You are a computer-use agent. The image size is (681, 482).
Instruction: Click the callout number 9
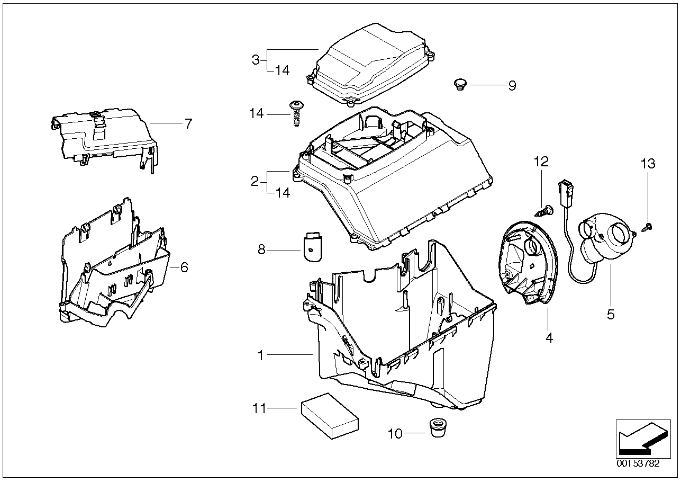[512, 86]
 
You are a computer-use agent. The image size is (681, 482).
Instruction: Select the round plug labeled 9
[459, 84]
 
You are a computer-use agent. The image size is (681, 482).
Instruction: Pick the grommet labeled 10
[437, 427]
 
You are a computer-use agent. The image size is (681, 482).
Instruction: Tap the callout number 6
[184, 267]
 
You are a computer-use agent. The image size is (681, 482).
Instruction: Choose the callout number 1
[260, 355]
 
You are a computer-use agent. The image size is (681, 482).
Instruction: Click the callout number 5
[611, 315]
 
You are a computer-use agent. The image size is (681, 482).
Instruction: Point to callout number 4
[549, 337]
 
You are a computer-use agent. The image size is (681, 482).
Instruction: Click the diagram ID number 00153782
[638, 463]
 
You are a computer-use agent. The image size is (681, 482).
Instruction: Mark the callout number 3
[256, 59]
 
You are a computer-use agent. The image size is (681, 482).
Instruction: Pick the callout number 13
[648, 164]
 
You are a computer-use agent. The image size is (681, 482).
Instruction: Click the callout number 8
[261, 249]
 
